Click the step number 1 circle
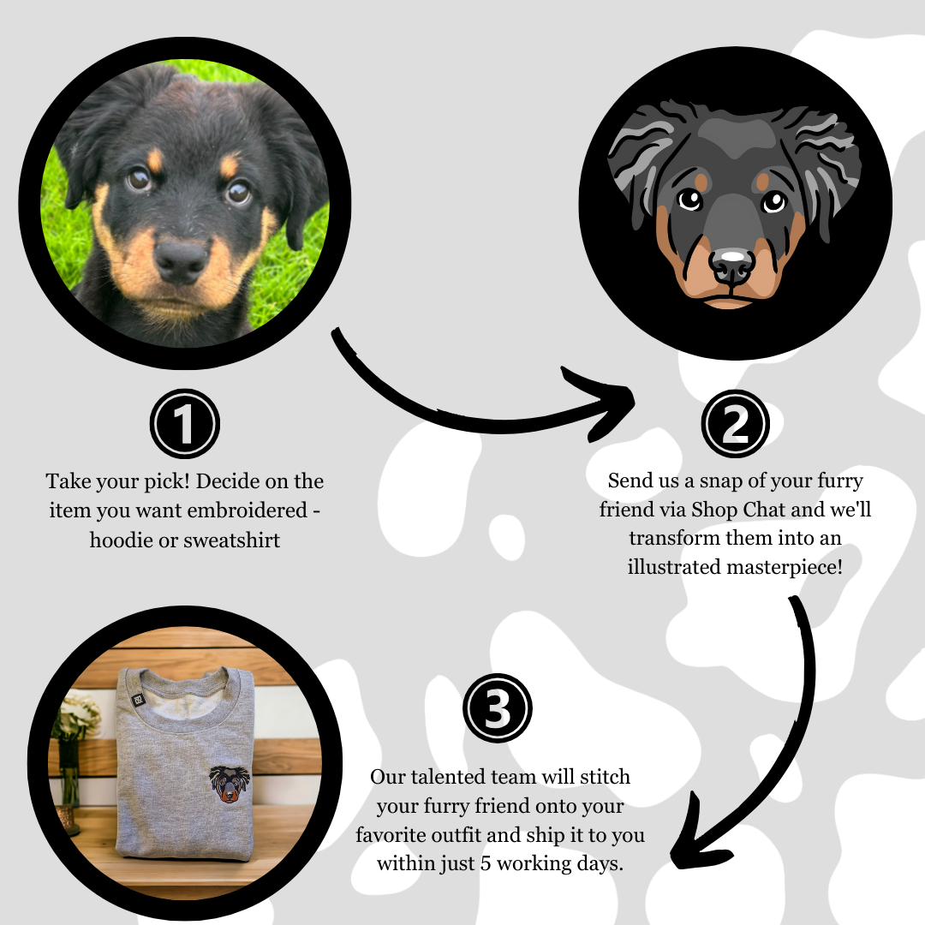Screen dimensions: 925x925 coord(185,424)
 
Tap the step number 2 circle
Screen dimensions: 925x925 coord(735,424)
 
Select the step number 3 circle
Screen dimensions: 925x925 coord(498,710)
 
